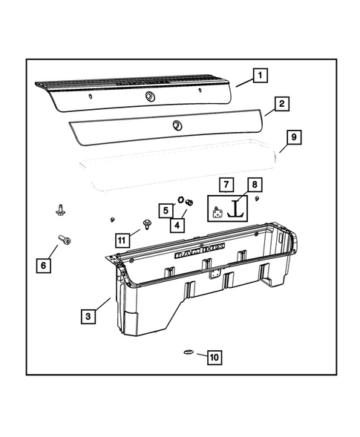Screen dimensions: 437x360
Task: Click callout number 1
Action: coord(259,75)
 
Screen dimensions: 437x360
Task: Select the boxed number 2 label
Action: coord(281,105)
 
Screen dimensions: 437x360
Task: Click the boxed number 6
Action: coord(43,263)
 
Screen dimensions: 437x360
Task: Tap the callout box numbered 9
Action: coord(293,137)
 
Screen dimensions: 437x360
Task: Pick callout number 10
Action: coord(214,358)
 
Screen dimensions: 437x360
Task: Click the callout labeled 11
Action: coord(122,239)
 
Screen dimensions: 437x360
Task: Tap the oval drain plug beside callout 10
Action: coord(187,352)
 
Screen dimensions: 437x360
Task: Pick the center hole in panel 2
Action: coord(177,124)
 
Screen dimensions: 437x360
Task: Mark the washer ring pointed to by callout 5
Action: coord(179,200)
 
